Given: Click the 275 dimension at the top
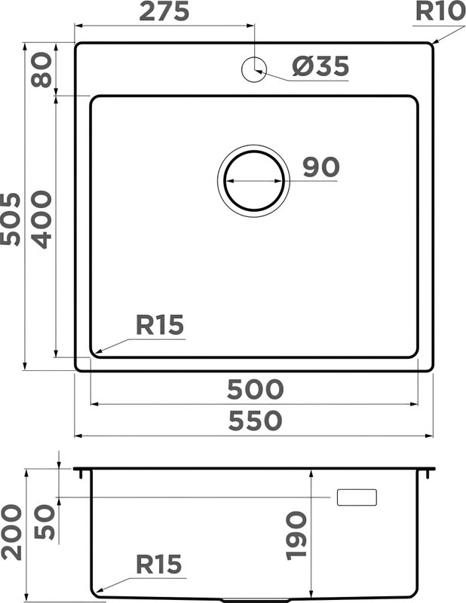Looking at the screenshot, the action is point(164,11).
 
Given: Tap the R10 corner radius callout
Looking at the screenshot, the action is point(440,11).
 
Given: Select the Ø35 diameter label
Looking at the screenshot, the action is point(320,66).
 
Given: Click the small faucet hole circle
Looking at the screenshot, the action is point(254,69).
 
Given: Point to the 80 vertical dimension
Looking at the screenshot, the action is point(41,70).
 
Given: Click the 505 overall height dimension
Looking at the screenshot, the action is point(11,219).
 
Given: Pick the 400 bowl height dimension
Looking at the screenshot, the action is point(41,220).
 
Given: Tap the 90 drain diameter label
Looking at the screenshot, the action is point(321,167).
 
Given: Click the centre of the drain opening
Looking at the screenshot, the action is point(254,181).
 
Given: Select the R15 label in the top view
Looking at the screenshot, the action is point(160,325).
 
